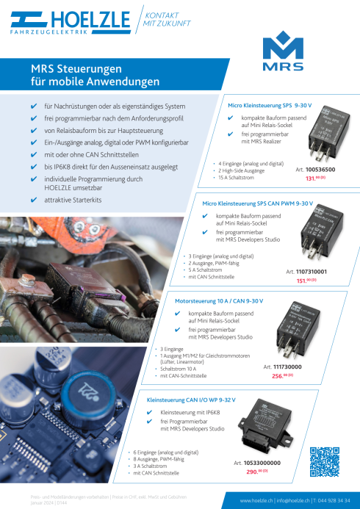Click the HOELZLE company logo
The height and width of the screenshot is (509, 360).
click(x=60, y=22)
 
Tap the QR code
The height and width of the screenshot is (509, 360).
click(x=325, y=462)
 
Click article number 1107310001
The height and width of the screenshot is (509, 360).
click(x=311, y=271)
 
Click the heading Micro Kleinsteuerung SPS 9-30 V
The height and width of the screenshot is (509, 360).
click(x=270, y=106)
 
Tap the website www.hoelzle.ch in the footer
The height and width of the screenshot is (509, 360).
click(x=256, y=500)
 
